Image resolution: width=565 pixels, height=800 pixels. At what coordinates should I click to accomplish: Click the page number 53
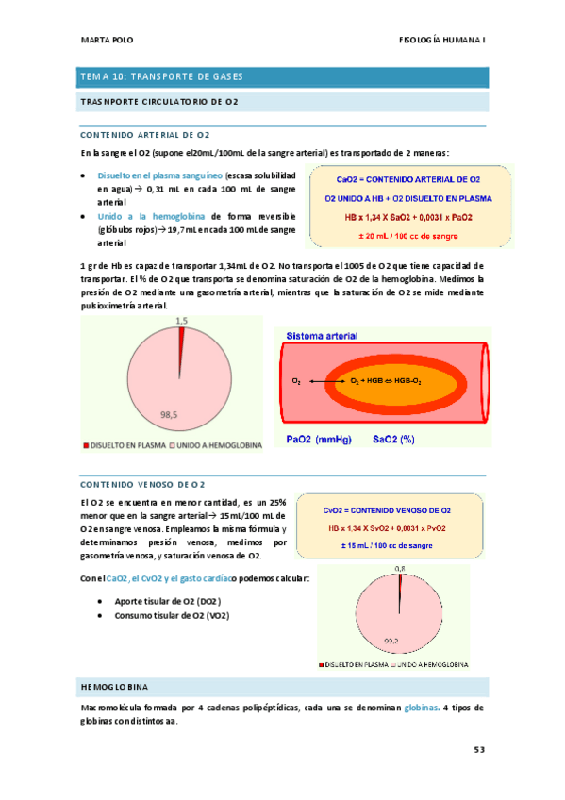pos(479,750)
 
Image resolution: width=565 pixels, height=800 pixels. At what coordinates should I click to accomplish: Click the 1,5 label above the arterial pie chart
pos(183,322)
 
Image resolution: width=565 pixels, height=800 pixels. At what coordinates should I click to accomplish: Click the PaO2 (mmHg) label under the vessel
pos(317,440)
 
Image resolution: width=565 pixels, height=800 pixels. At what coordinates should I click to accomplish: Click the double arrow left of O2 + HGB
pos(325,380)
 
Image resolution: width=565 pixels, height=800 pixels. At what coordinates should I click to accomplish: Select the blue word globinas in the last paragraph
pos(420,708)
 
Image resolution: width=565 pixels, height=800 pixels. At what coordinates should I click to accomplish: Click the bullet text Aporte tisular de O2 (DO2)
pos(164,601)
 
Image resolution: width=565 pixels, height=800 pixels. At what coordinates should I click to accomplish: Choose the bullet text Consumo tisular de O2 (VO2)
pos(170,616)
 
